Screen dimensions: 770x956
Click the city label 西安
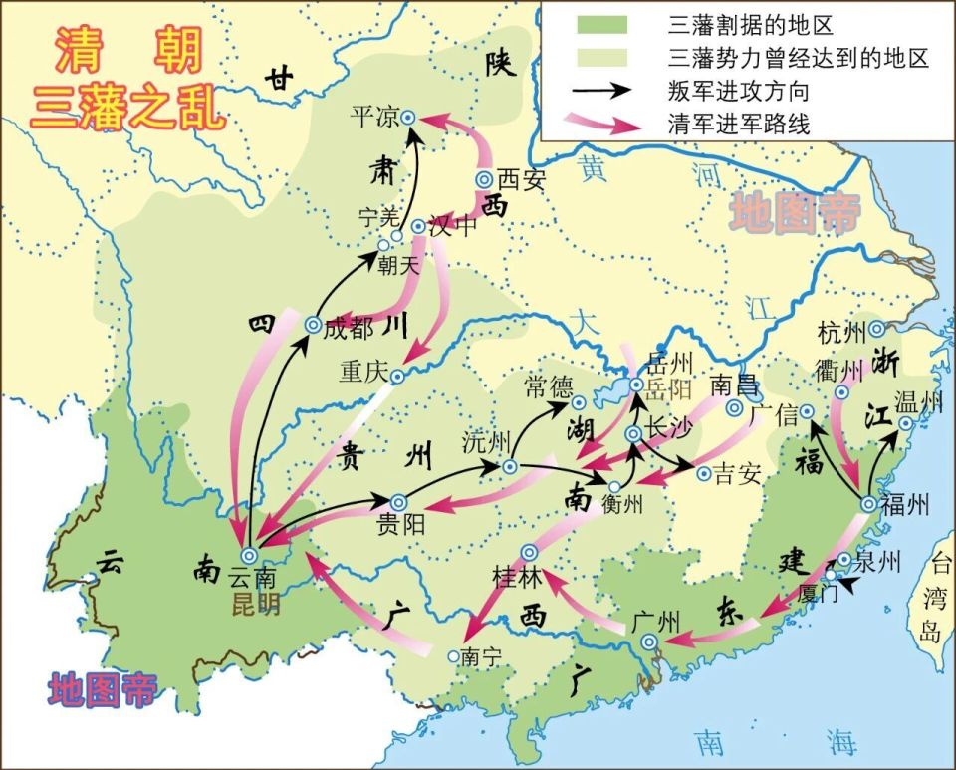click(x=523, y=179)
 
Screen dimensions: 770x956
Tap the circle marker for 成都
click(x=312, y=325)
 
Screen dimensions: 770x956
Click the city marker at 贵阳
click(x=398, y=502)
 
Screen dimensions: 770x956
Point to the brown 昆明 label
click(x=254, y=604)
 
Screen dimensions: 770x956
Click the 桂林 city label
click(x=515, y=577)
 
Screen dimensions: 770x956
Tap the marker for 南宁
click(x=453, y=656)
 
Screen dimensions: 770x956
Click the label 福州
click(x=905, y=504)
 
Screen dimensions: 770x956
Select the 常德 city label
click(x=549, y=382)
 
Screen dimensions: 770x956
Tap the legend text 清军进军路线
click(x=736, y=125)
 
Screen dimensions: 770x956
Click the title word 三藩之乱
click(x=128, y=107)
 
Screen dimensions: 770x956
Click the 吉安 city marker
click(x=703, y=473)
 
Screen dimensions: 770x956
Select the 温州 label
click(x=917, y=402)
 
